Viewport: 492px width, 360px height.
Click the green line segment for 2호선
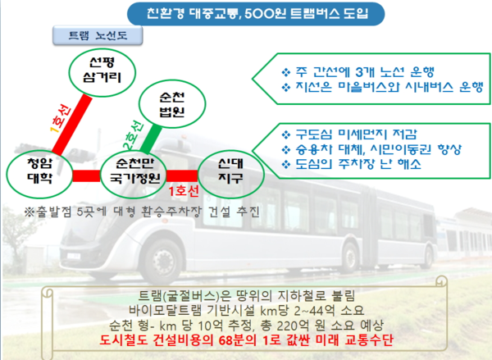tap(151, 139)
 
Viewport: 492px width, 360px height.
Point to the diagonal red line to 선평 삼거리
tap(72, 125)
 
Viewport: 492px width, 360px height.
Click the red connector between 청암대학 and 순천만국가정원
tap(87, 175)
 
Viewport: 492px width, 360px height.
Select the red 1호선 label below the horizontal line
tap(184, 191)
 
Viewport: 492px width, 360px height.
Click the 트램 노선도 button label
tap(98, 35)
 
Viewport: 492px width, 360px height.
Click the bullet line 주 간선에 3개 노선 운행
tap(358, 72)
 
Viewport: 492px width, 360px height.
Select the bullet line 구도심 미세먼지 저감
tap(349, 134)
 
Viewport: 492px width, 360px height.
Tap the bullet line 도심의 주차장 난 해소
tap(351, 164)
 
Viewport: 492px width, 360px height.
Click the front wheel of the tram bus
tap(162, 260)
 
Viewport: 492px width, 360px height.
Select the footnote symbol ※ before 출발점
tap(30, 212)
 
